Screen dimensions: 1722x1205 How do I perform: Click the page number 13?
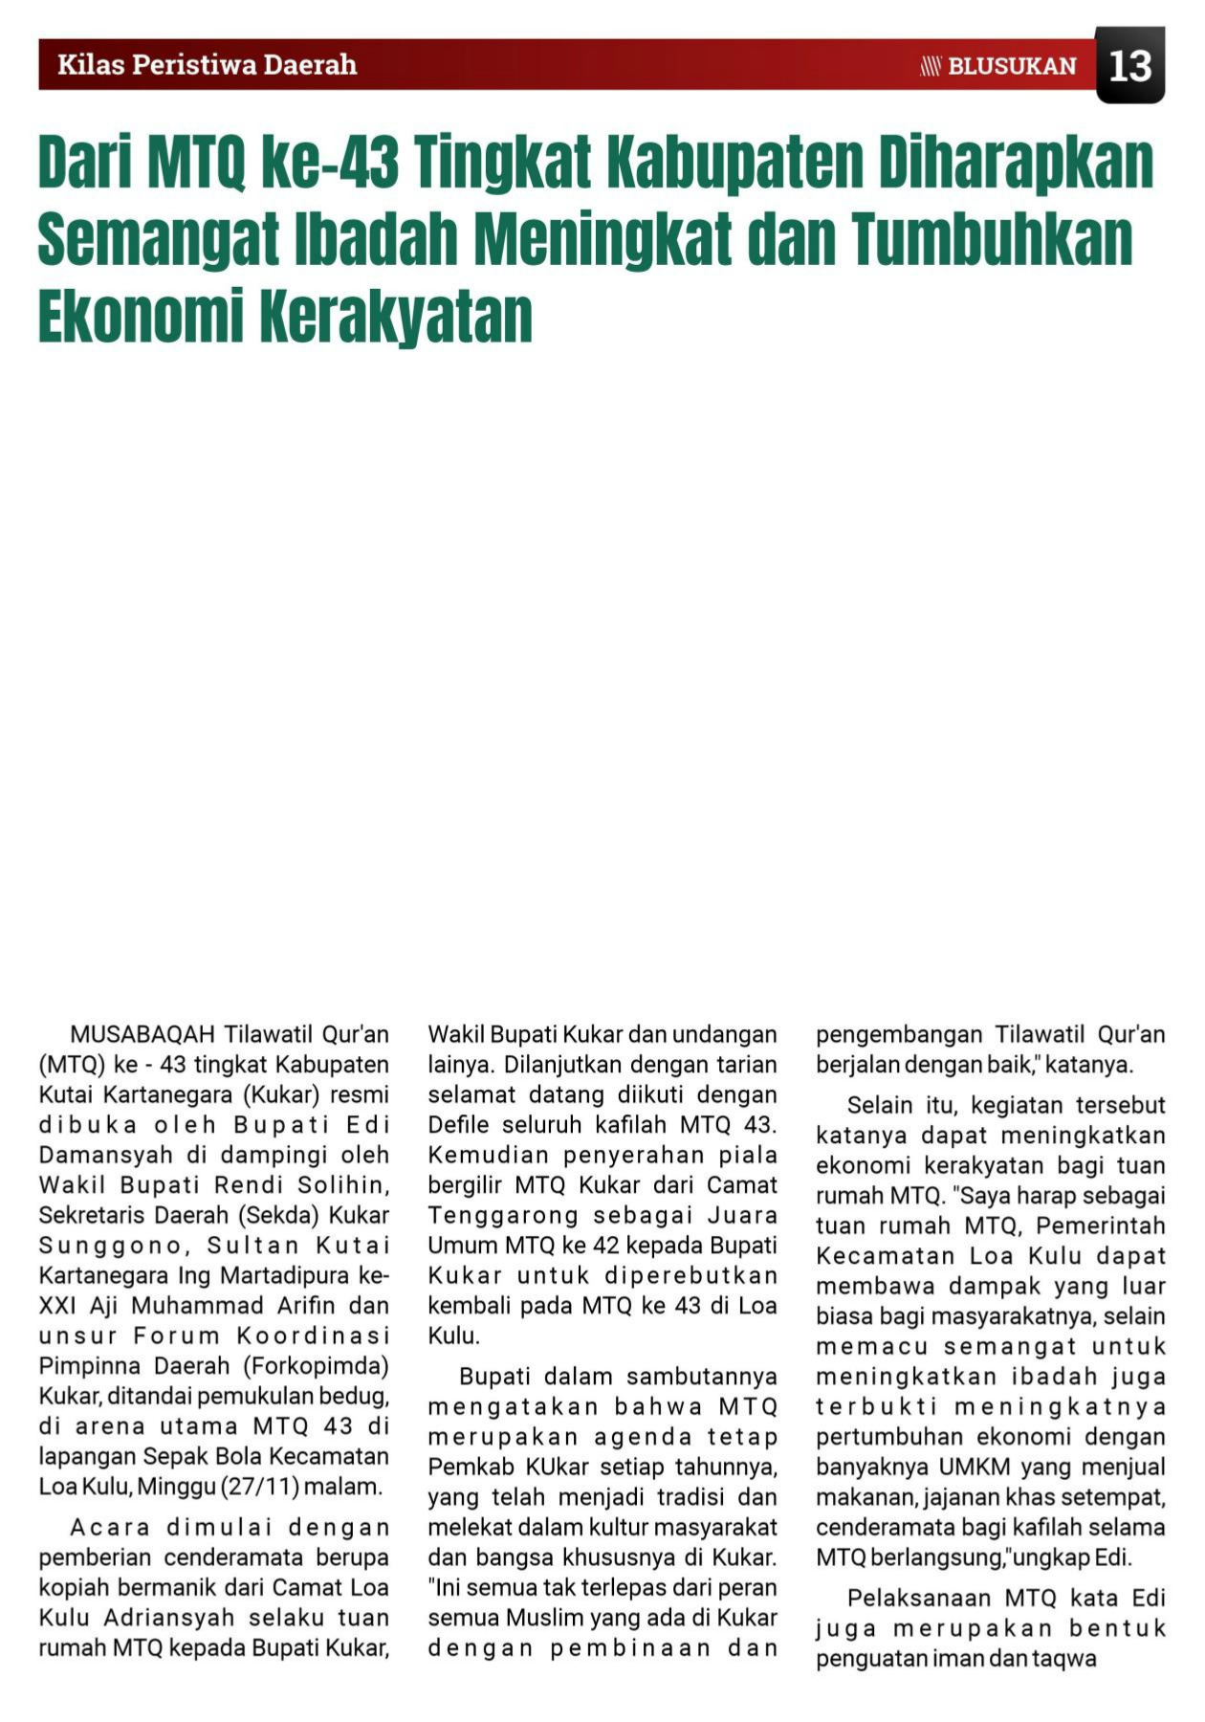[1129, 66]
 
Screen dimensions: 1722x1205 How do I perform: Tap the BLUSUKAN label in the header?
[1012, 66]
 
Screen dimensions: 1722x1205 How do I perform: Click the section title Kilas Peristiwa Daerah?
[207, 65]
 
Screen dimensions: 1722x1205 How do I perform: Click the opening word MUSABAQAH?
[142, 1034]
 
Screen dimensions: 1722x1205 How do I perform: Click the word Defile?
[459, 1124]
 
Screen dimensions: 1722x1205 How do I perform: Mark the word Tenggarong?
[503, 1215]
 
